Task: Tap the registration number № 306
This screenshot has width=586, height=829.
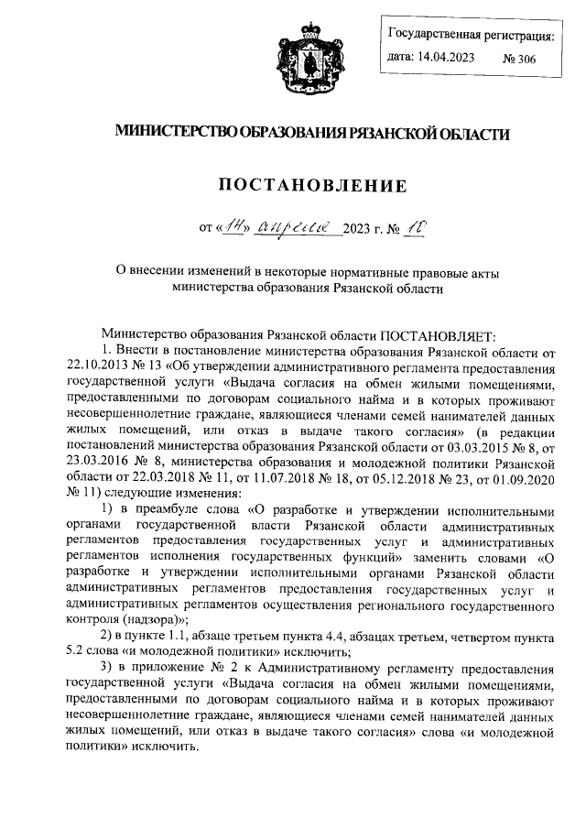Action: point(519,58)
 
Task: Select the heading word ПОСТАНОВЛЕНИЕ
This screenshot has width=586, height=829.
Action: point(310,186)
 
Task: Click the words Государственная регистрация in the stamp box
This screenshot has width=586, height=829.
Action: point(471,36)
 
